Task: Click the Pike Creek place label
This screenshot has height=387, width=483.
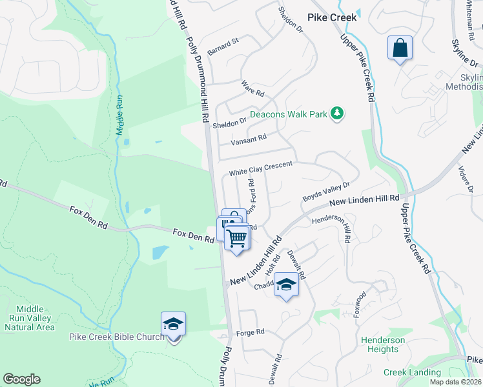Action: (332, 17)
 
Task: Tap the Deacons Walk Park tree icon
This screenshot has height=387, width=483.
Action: (336, 114)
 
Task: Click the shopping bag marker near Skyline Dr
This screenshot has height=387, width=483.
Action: (400, 48)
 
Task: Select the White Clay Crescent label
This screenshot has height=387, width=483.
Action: (261, 168)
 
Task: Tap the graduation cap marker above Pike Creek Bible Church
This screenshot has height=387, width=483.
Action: (173, 324)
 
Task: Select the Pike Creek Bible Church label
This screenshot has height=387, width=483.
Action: (117, 337)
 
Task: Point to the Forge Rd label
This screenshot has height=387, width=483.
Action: (251, 332)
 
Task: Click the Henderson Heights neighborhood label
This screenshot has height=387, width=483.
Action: (383, 344)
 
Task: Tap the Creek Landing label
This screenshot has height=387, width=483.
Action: (413, 372)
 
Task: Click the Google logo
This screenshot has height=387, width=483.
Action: (21, 379)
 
